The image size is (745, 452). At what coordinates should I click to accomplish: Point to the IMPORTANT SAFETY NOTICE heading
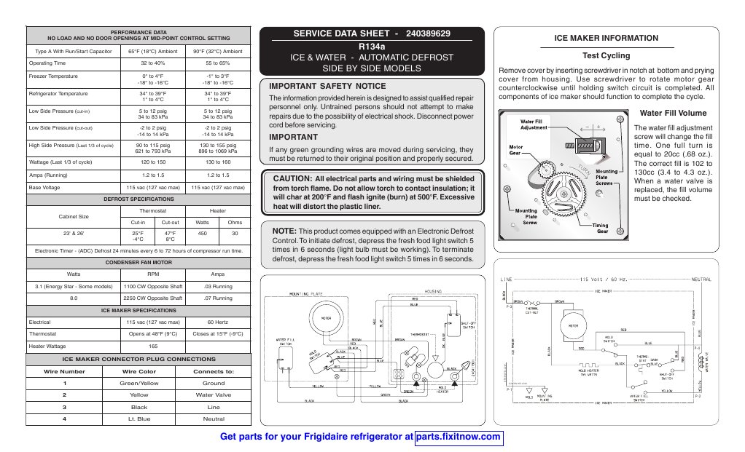click(318, 86)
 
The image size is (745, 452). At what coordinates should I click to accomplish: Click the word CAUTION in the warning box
click(292, 178)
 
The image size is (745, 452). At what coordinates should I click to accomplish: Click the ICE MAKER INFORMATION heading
click(606, 38)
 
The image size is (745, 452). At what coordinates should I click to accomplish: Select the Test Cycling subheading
click(606, 55)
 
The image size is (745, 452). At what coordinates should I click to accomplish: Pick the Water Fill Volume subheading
click(672, 114)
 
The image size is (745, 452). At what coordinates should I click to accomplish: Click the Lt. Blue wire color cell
click(139, 419)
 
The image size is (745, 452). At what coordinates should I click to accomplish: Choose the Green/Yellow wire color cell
click(139, 383)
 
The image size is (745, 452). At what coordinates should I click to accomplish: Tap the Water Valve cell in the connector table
click(214, 394)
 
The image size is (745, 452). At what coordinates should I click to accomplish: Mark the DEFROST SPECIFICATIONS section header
click(138, 197)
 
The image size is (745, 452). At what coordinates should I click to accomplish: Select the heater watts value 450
click(203, 234)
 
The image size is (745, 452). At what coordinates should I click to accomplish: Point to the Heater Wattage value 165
click(153, 346)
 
